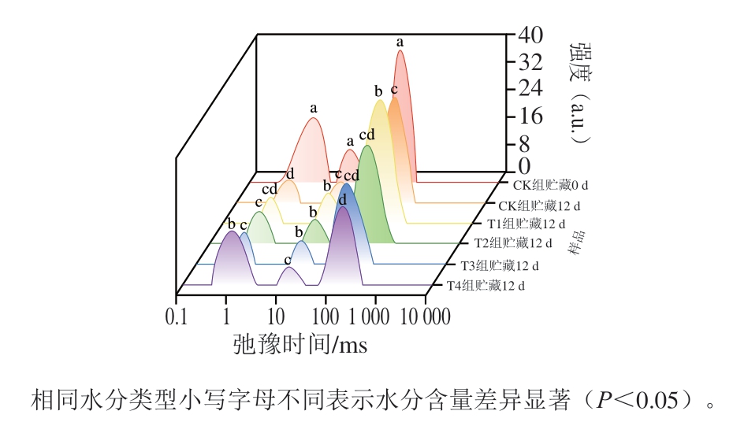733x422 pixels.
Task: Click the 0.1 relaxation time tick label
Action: click(177, 317)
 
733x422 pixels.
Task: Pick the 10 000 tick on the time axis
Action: click(426, 317)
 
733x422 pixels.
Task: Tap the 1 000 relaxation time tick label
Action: click(374, 317)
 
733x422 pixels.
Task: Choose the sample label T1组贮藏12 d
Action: click(525, 225)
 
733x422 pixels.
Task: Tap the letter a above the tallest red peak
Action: click(400, 41)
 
